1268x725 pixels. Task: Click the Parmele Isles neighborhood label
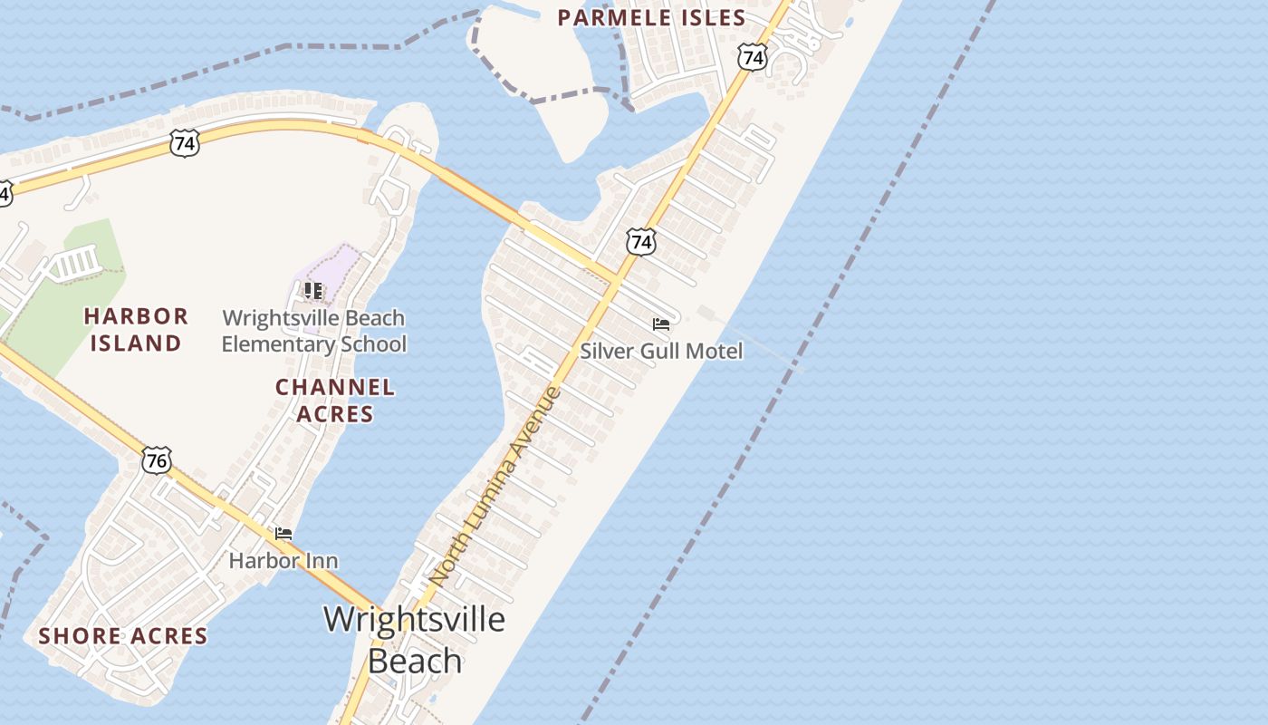[651, 17]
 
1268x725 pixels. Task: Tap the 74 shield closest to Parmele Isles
[752, 58]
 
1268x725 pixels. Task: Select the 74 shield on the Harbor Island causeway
[183, 143]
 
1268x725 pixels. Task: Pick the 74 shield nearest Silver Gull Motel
[641, 242]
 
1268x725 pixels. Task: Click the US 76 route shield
[156, 460]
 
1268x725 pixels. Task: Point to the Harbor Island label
[136, 329]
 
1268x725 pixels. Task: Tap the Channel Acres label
[335, 401]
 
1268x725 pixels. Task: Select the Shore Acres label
[123, 636]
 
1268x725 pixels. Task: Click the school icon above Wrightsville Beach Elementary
[313, 291]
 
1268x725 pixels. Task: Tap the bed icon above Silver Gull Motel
[661, 324]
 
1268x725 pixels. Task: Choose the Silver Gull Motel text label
[661, 351]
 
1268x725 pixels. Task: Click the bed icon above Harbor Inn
[283, 534]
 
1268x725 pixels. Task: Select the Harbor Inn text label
[283, 561]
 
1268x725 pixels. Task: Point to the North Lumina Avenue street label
[495, 485]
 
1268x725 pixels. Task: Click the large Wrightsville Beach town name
[415, 639]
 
